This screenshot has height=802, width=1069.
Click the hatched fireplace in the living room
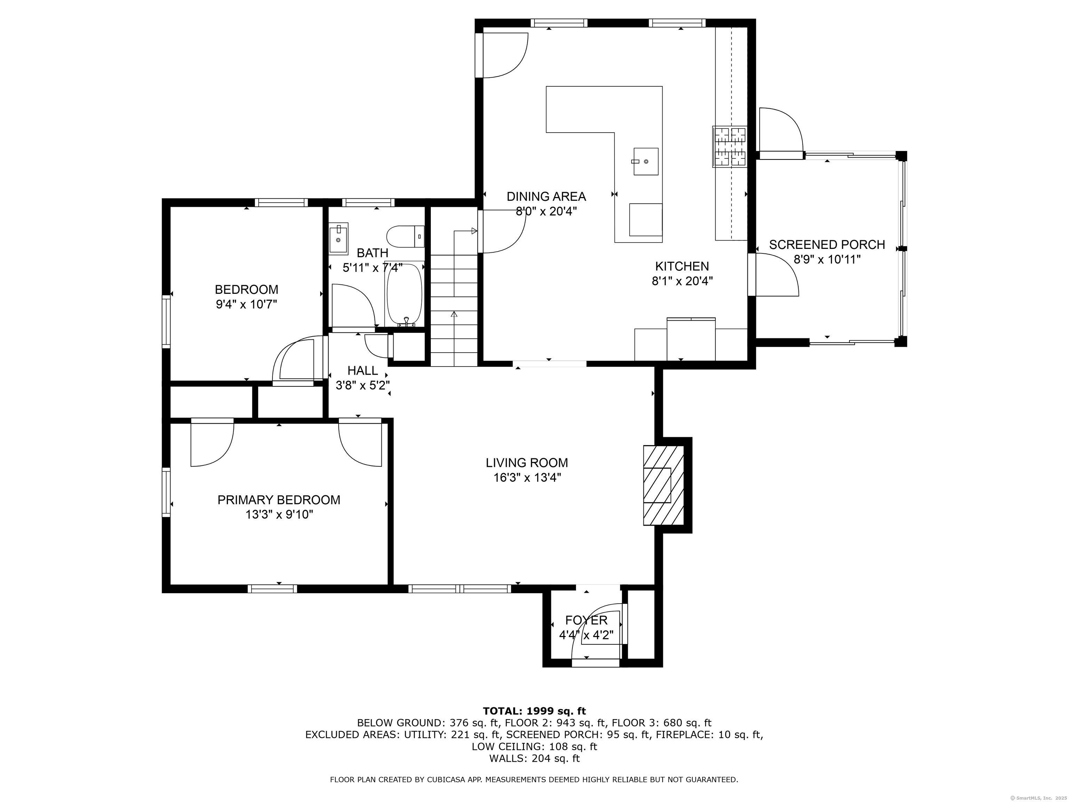(x=664, y=485)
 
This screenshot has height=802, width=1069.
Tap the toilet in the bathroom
(x=405, y=236)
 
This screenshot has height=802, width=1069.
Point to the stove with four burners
(x=729, y=147)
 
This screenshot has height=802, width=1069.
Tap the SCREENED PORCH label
(x=827, y=245)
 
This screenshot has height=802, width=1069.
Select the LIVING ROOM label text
(x=527, y=463)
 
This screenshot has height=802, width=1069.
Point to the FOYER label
(x=586, y=620)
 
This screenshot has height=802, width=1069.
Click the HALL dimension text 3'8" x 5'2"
(x=363, y=385)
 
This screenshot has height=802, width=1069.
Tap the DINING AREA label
(x=546, y=196)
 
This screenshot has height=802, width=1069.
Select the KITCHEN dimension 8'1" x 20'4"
(x=682, y=281)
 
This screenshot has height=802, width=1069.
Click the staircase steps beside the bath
(x=454, y=309)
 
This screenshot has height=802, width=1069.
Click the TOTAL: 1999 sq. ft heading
(x=534, y=711)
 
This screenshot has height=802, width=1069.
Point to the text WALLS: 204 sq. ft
(x=534, y=758)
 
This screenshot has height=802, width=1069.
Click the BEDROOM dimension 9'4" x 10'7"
(x=246, y=304)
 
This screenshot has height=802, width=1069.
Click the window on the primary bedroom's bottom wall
(x=272, y=589)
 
